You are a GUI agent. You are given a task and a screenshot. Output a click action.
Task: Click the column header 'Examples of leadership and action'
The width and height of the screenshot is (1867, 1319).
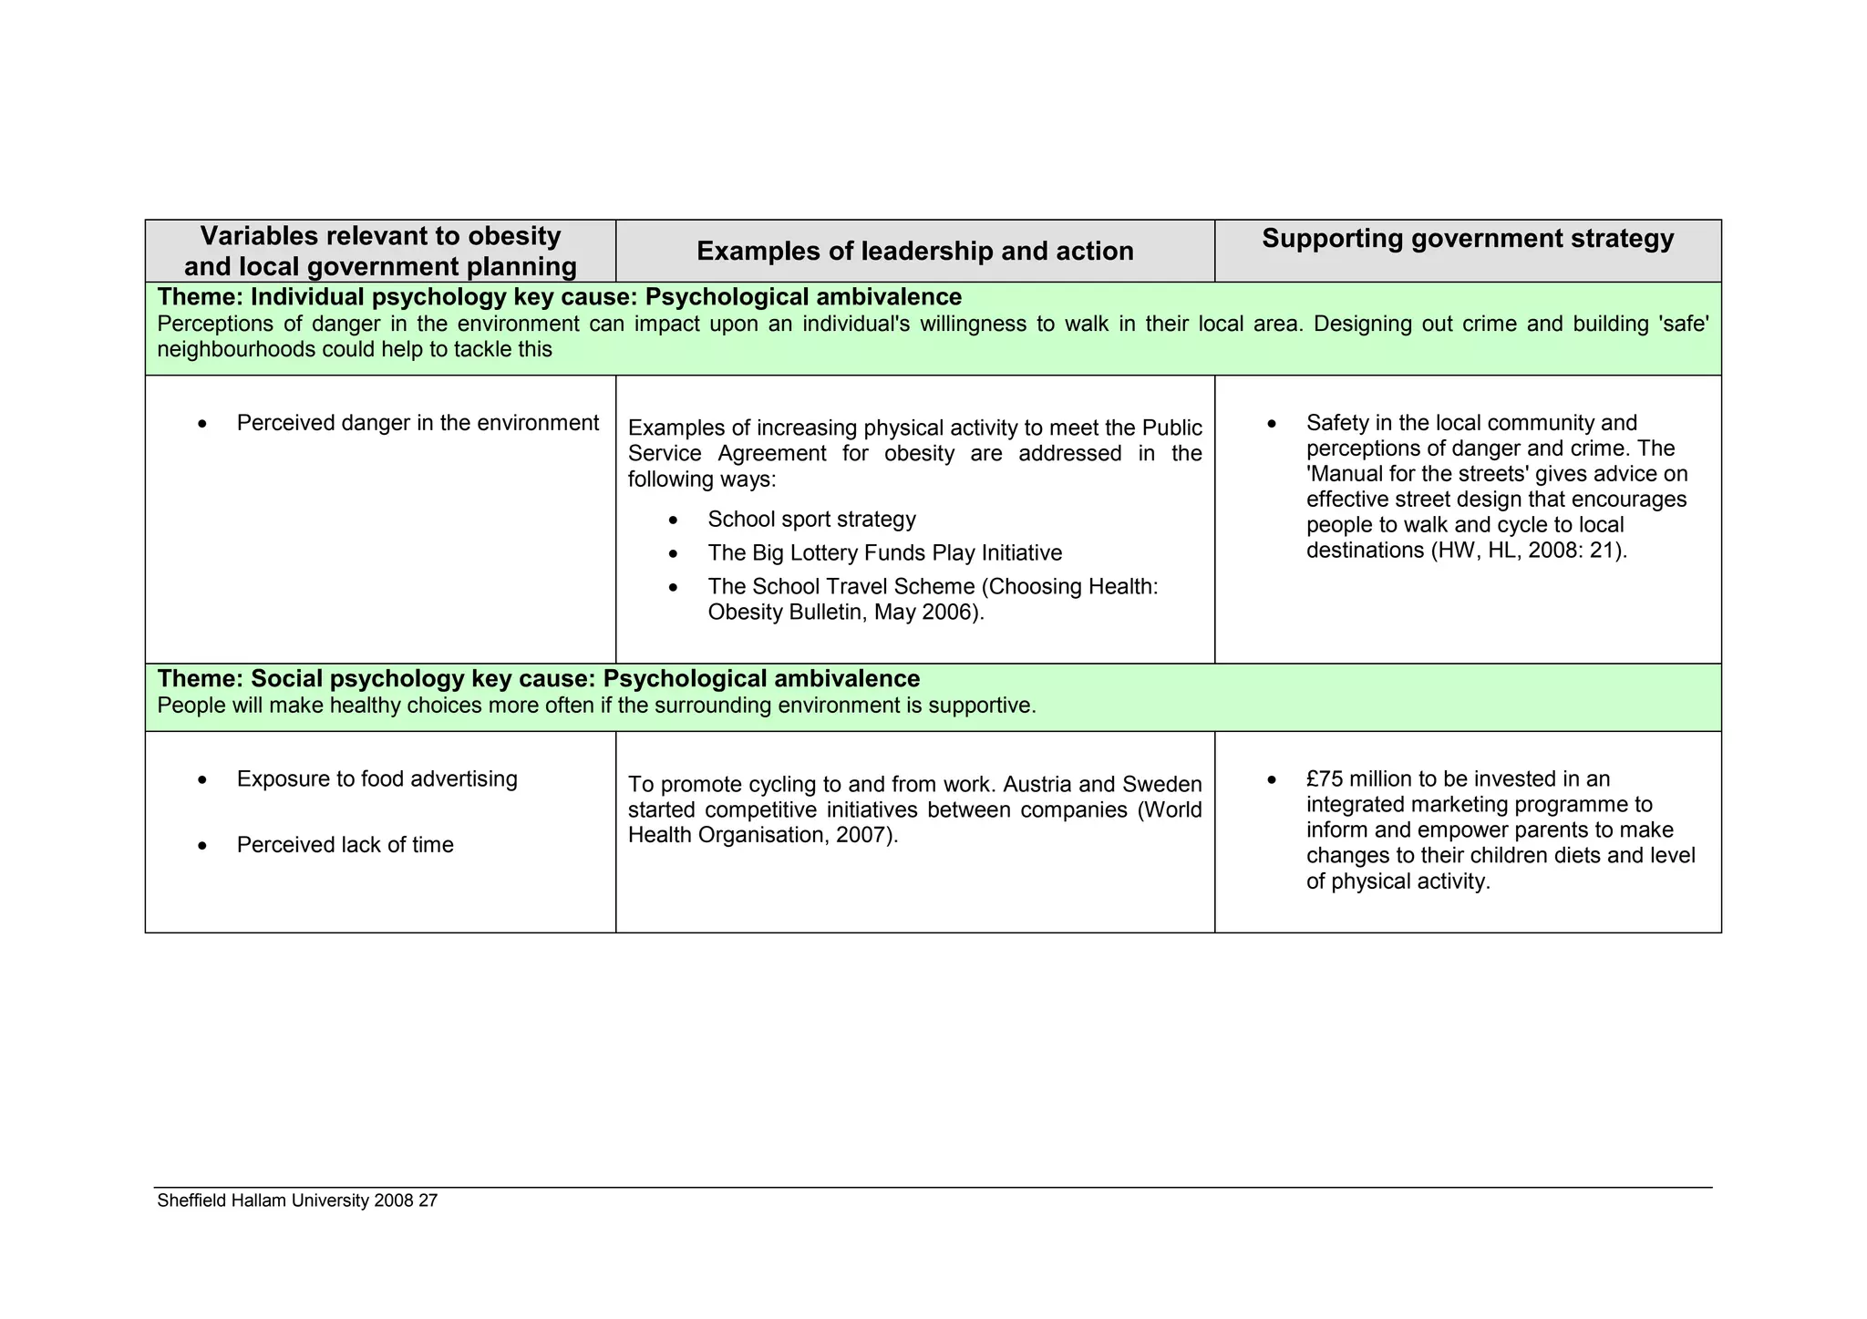click(x=914, y=252)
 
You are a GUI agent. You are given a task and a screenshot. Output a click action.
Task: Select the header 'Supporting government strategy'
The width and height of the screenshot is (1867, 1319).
click(x=1468, y=239)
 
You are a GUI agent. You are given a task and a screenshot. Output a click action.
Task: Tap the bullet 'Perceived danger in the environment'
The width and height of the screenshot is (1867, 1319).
click(x=418, y=423)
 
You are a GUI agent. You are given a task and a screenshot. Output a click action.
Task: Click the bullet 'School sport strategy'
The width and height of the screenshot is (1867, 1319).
click(x=811, y=520)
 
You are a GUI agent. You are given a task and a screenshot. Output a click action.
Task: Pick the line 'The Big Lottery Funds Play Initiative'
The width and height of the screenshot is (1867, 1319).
click(x=884, y=553)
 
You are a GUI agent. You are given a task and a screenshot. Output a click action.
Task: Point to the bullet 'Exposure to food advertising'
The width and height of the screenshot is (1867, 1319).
click(x=376, y=779)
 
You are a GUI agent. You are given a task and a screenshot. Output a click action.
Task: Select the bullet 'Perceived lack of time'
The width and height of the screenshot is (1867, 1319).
click(x=345, y=845)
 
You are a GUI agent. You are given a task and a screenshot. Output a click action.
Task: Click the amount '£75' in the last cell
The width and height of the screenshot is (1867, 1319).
click(x=1324, y=779)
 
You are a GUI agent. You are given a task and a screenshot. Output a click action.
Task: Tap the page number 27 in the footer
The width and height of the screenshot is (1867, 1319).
click(x=428, y=1201)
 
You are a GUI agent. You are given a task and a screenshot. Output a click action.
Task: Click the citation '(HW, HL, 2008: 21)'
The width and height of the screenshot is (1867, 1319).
click(x=1528, y=551)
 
